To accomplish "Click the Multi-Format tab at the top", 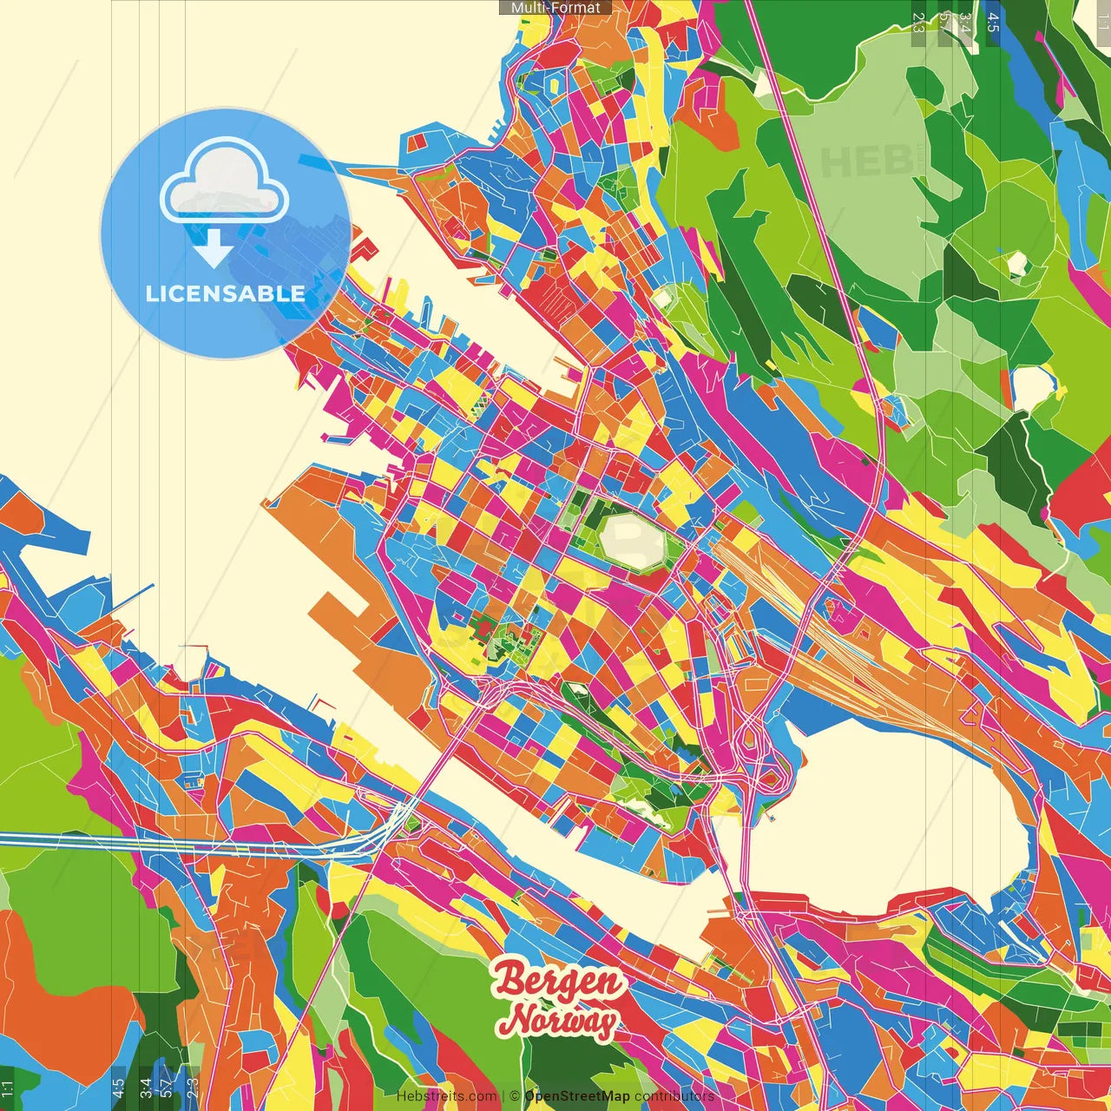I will (555, 8).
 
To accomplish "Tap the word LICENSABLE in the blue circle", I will (226, 293).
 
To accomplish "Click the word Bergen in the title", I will (558, 981).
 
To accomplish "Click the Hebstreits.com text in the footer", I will (446, 1096).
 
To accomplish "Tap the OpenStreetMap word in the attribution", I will (577, 1096).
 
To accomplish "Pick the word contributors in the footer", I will (674, 1096).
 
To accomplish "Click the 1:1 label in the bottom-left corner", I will (7, 1089).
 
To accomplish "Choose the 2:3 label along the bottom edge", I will (193, 1087).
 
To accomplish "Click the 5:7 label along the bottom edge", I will (166, 1087).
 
